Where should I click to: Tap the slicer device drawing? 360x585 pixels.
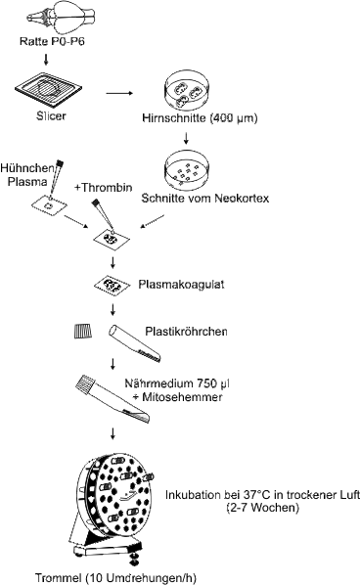(x=46, y=95)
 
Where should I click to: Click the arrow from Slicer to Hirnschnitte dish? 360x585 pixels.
(x=120, y=95)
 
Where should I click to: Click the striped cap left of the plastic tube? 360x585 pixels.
(x=84, y=332)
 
